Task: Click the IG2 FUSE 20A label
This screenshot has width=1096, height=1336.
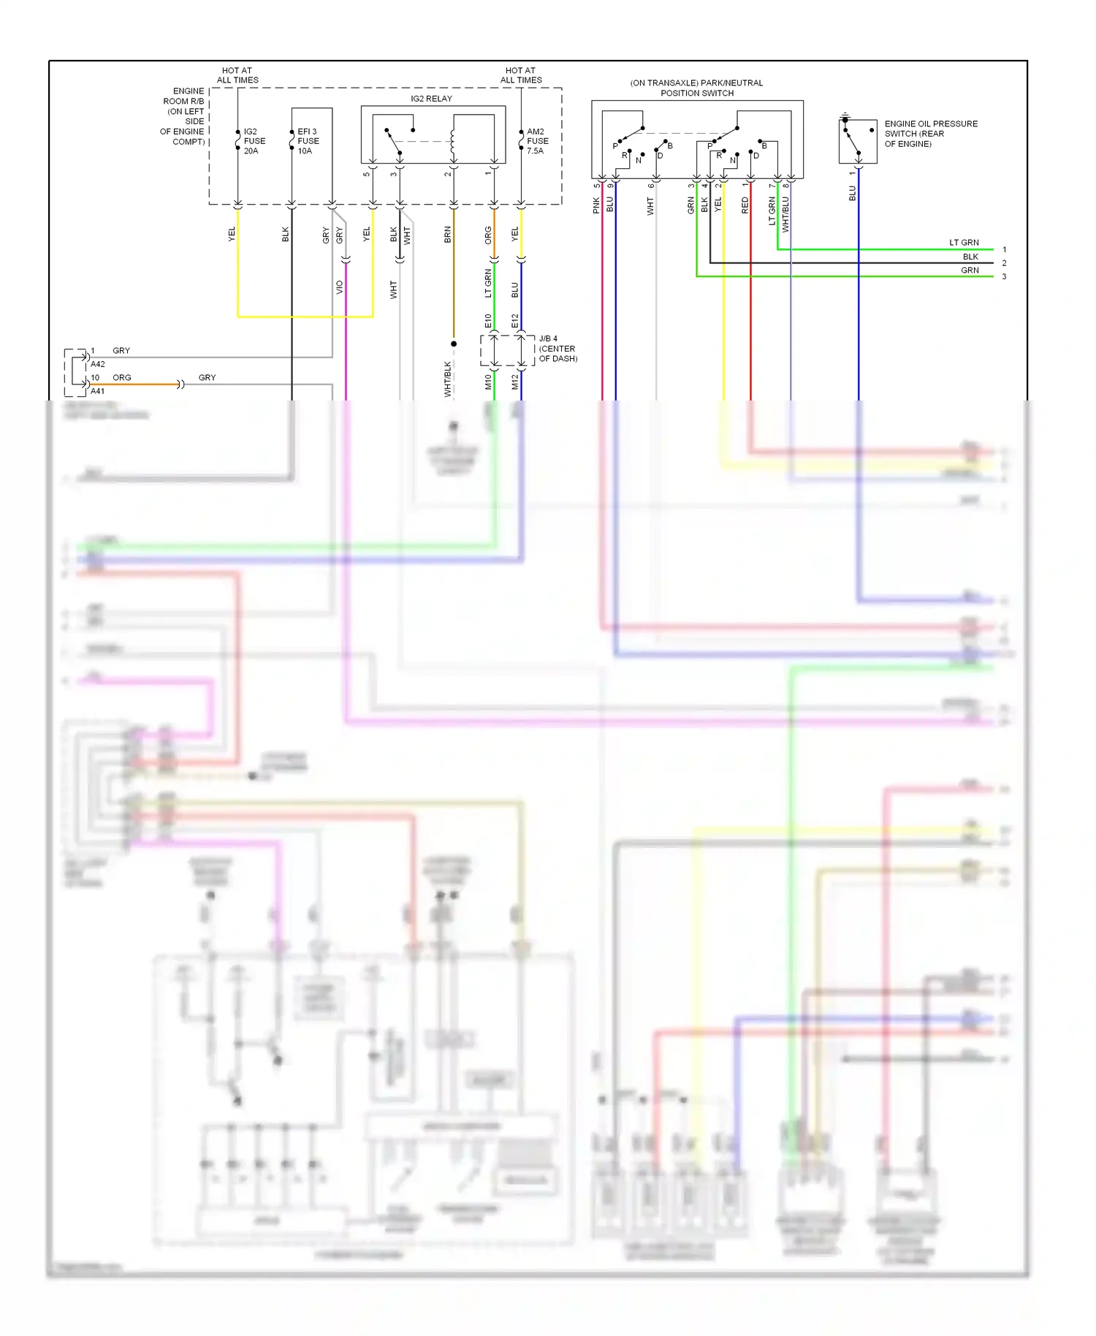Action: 254,141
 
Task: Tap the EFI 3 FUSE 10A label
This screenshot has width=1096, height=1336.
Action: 308,141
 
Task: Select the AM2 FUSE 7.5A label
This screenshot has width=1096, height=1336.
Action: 537,141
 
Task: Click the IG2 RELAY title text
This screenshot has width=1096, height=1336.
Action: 431,99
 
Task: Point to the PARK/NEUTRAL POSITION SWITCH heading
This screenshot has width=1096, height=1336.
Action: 696,88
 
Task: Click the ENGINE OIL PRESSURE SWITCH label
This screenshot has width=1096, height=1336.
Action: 930,134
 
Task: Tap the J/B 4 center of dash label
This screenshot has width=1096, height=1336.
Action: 557,349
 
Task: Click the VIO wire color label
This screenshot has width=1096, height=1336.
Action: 340,287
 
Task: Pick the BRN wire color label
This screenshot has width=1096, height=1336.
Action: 448,235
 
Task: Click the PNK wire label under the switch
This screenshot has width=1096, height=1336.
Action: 596,205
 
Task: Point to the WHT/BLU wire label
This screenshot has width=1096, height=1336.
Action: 785,214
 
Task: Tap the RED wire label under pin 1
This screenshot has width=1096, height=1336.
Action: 745,205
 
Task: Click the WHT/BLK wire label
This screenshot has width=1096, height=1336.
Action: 448,379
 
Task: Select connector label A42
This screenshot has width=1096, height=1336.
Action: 98,364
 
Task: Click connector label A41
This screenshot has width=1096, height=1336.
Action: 98,391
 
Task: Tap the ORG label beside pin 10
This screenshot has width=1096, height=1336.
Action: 122,378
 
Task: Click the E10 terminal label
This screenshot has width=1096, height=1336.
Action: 488,321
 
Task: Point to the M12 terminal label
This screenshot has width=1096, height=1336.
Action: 515,382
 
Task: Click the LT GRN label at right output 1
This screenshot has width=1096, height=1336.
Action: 963,243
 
